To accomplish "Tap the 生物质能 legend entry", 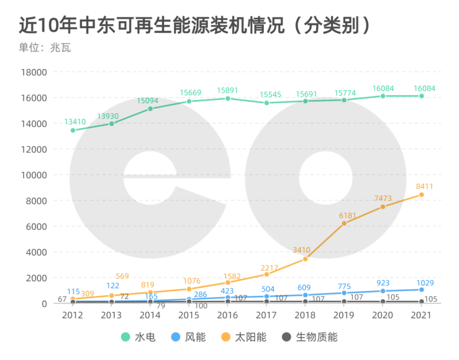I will [x=310, y=337].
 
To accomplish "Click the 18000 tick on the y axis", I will [x=33, y=72].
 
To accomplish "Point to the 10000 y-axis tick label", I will [x=33, y=175].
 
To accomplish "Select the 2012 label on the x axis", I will [x=72, y=315].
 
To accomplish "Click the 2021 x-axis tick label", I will [x=422, y=315].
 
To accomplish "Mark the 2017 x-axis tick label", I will [x=267, y=315].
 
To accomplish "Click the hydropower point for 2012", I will [x=73, y=130].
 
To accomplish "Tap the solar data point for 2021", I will [x=422, y=195].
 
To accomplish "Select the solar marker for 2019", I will [x=344, y=223].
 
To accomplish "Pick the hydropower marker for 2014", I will [x=150, y=109].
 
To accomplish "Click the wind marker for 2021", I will [x=422, y=289].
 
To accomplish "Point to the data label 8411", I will [x=425, y=186].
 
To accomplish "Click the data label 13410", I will [x=75, y=122].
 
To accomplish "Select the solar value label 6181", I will [x=348, y=215].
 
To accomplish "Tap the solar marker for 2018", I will [x=305, y=259].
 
